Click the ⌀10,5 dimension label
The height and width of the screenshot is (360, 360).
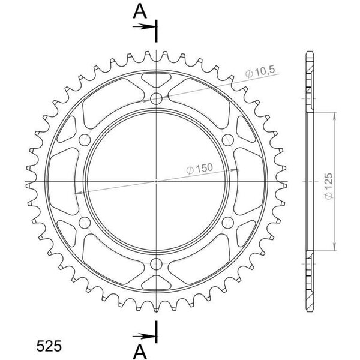(260, 73)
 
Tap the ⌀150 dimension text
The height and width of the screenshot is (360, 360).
(199, 169)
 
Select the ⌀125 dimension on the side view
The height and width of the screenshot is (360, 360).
(329, 186)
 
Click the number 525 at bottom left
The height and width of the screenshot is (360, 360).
(49, 346)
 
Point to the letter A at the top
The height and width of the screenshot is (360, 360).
(140, 11)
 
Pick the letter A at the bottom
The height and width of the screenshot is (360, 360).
(140, 352)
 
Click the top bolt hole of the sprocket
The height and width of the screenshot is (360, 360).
(156, 99)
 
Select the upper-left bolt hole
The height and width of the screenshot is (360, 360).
(85, 140)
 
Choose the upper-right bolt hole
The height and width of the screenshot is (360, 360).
(228, 140)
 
